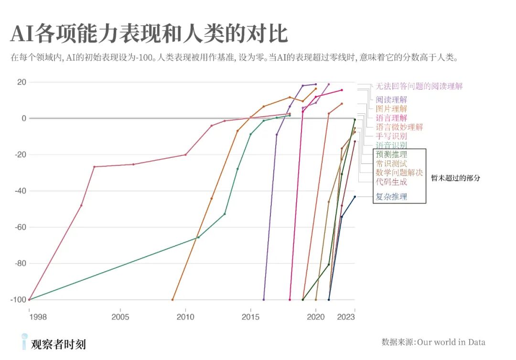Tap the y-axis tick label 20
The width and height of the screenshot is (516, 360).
pyautogui.click(x=21, y=82)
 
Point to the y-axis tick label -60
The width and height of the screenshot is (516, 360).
pyautogui.click(x=19, y=227)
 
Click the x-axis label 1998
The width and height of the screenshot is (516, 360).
pyautogui.click(x=29, y=317)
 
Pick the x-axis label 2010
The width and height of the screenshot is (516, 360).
pyautogui.click(x=185, y=317)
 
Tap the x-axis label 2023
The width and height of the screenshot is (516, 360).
pyautogui.click(x=346, y=317)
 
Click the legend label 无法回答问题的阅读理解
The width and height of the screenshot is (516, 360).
pyautogui.click(x=419, y=87)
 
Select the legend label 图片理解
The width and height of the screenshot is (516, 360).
pyautogui.click(x=391, y=109)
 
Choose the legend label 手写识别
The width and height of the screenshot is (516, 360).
pyautogui.click(x=391, y=136)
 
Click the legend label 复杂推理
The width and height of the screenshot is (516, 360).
pyautogui.click(x=391, y=196)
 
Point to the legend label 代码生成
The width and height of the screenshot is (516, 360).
pyautogui.click(x=391, y=182)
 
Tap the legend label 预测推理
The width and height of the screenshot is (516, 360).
pyautogui.click(x=391, y=154)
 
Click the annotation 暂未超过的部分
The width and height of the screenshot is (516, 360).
pyautogui.click(x=455, y=178)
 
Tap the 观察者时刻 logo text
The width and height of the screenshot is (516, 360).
pyautogui.click(x=58, y=344)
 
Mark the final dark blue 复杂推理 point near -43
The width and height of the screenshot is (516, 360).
pyautogui.click(x=355, y=196)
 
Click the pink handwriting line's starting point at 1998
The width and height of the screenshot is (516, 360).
pyautogui.click(x=29, y=300)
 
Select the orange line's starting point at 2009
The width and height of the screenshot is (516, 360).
pyautogui.click(x=172, y=300)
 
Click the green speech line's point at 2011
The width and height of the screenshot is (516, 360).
pyautogui.click(x=198, y=237)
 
